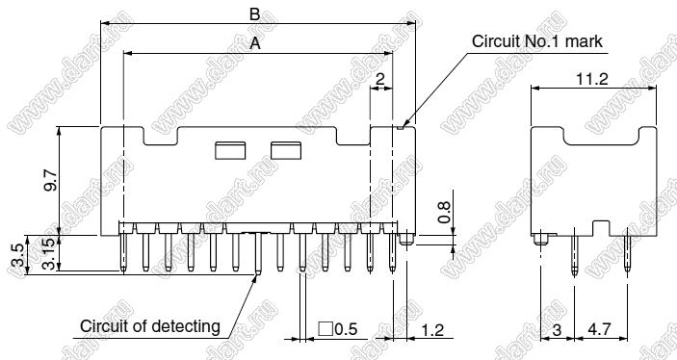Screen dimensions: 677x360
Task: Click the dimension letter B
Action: click(x=255, y=14)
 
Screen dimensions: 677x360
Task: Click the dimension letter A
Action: click(x=255, y=43)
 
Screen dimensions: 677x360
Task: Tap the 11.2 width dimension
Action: click(x=592, y=79)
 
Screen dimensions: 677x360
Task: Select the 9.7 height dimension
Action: click(x=50, y=180)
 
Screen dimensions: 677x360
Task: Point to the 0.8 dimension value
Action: click(x=444, y=212)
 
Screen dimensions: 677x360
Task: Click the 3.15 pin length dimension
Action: click(x=50, y=254)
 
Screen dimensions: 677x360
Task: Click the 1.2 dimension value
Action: click(x=431, y=330)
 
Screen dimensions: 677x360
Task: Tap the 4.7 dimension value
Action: click(x=600, y=330)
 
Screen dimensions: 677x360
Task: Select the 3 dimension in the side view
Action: click(x=557, y=330)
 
